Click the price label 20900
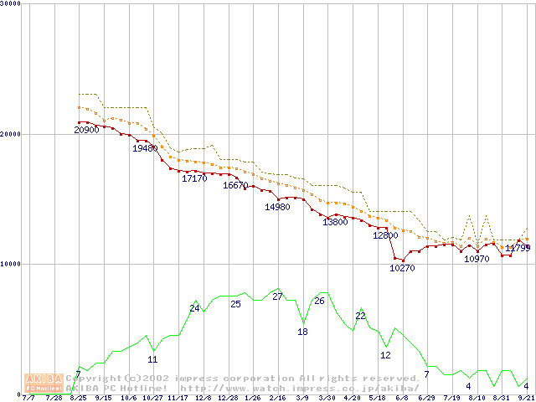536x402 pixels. click(86, 130)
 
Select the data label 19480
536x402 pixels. click(145, 148)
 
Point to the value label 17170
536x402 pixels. click(194, 179)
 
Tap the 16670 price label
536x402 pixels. click(235, 186)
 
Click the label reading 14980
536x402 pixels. click(277, 207)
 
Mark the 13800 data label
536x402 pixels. click(335, 223)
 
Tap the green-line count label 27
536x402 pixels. click(278, 297)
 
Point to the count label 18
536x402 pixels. click(303, 332)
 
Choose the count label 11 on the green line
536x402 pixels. click(152, 360)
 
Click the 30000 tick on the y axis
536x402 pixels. click(11, 4)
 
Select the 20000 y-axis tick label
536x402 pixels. click(11, 134)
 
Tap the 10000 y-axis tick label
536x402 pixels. click(11, 264)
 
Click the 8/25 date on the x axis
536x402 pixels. click(79, 398)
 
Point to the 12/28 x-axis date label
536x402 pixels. click(228, 398)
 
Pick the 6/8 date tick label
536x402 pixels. click(401, 398)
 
